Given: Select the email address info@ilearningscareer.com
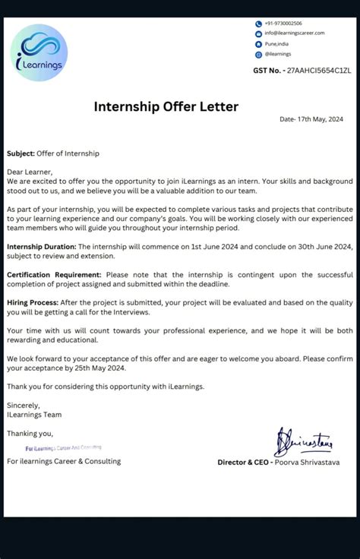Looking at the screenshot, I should (294, 33).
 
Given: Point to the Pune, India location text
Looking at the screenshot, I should (276, 44).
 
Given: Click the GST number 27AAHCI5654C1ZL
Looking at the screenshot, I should (318, 71).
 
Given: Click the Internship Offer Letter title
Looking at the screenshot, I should (166, 106).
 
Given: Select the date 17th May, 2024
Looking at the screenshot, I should (311, 120).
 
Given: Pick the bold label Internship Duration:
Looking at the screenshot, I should (41, 247).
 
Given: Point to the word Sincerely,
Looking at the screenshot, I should (23, 406).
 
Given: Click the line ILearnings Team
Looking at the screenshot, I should (34, 415).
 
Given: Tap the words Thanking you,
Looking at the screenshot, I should (30, 434).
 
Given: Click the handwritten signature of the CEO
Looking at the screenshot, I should (304, 441).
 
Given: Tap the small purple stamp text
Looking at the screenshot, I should (63, 448).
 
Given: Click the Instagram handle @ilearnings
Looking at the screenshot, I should (279, 55).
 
